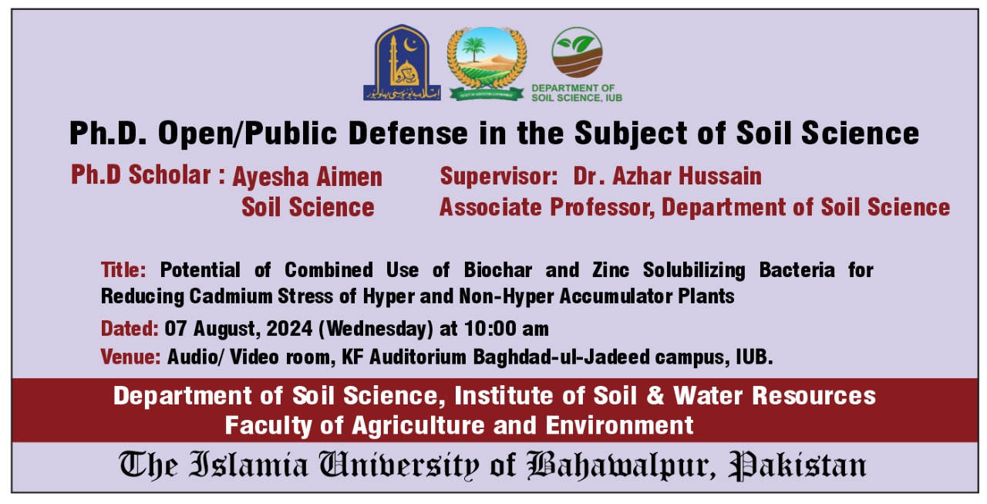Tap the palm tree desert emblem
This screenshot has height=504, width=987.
[487, 63]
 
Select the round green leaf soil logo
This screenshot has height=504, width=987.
[577, 52]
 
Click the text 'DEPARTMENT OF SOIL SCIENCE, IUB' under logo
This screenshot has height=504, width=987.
[577, 93]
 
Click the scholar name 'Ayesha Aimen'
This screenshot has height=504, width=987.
[308, 177]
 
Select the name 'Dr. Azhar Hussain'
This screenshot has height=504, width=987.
[667, 176]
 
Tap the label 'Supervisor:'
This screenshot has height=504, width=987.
[499, 176]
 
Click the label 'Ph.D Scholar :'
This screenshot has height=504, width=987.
[148, 175]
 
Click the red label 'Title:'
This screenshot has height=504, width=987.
[123, 270]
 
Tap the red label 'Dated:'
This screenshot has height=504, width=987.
[130, 329]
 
